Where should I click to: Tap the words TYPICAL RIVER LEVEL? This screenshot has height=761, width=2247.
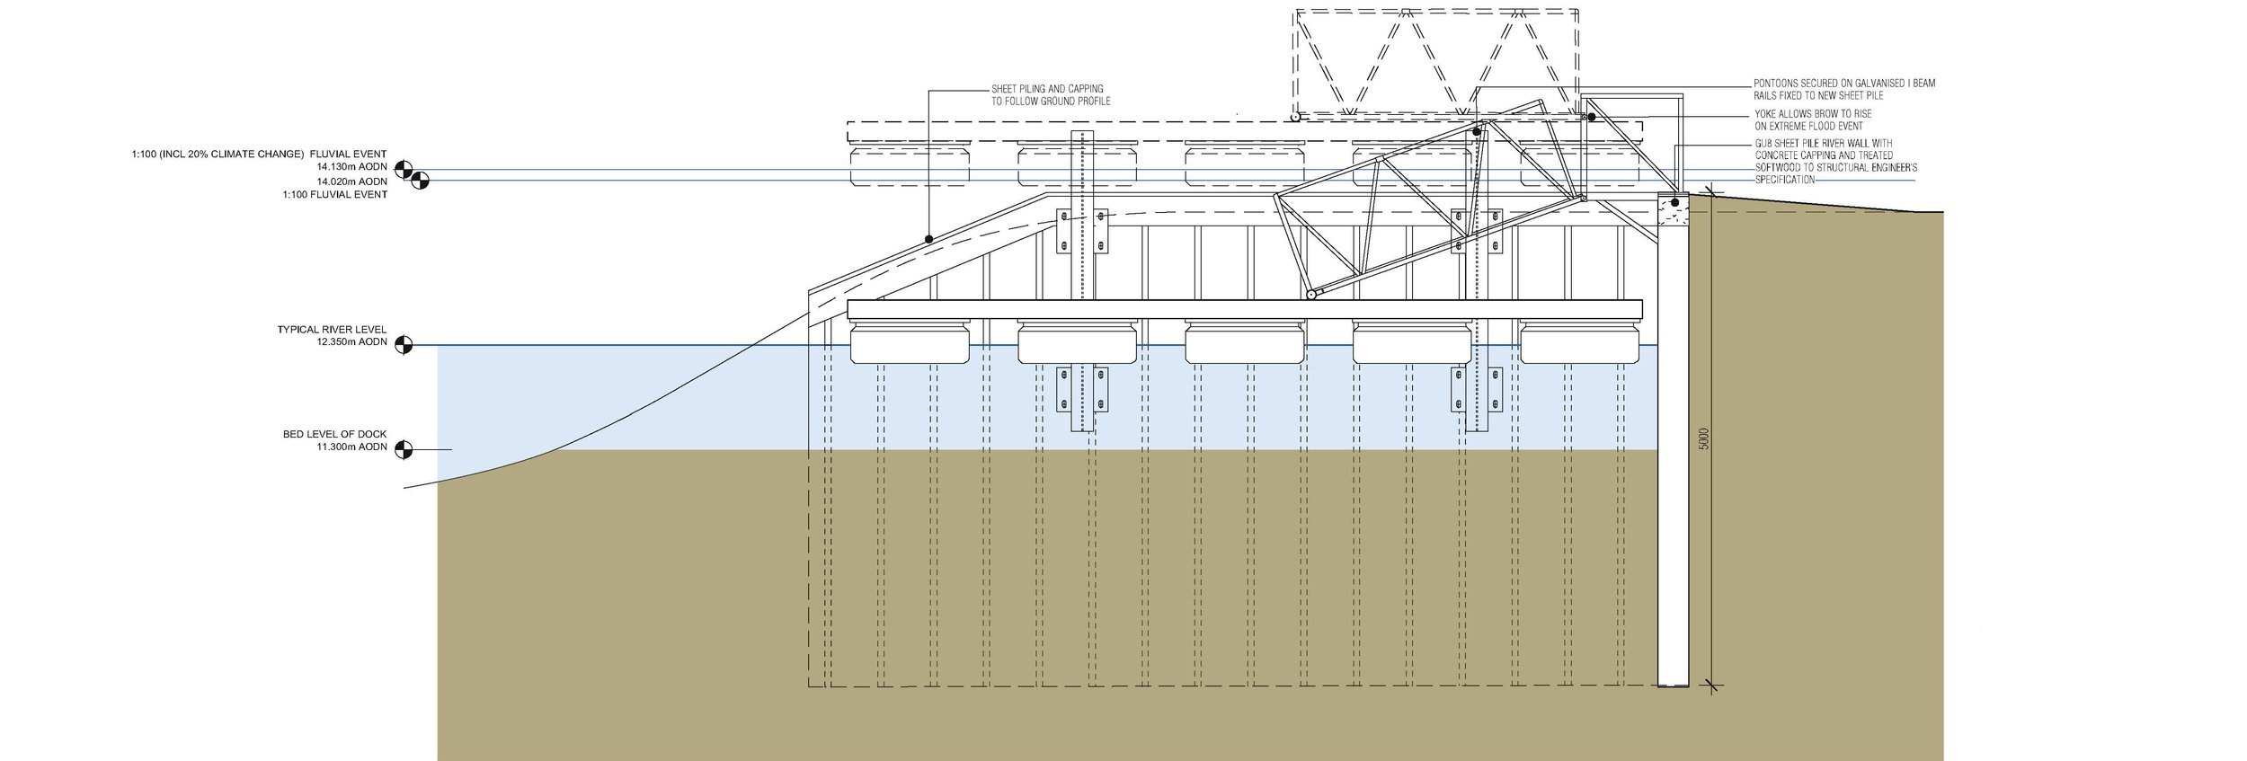coord(332,330)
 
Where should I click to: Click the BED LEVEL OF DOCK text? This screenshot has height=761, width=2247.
coord(334,434)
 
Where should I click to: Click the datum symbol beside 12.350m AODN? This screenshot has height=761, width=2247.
coord(404,344)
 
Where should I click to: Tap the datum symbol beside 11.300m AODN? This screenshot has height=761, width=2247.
coord(404,449)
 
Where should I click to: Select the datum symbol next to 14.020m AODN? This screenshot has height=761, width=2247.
coord(420,181)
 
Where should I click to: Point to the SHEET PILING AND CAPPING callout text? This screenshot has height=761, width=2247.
coord(1051,95)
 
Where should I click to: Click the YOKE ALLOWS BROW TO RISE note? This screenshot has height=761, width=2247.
coord(1813,120)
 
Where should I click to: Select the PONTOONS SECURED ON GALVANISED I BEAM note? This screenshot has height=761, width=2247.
coord(1843,89)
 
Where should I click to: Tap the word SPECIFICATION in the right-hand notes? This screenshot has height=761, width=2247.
coord(1784,180)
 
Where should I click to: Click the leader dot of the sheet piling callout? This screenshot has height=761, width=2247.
coord(928,239)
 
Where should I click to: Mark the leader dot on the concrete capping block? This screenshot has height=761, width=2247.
coord(1674,203)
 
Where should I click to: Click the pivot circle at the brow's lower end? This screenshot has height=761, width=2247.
coord(1311,294)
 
